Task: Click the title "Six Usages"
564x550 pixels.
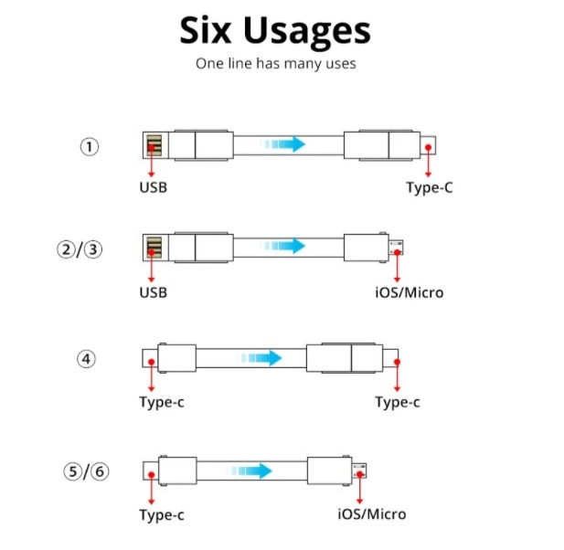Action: pos(275,32)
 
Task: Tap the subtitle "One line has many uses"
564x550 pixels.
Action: pos(276,63)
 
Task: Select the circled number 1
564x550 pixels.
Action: pos(90,147)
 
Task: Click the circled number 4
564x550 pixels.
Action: pos(86,359)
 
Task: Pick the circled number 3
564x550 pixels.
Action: pos(93,249)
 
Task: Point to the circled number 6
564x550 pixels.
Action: pos(100,471)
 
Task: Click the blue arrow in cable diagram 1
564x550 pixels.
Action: pos(282,144)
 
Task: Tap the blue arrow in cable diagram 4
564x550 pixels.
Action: pos(260,358)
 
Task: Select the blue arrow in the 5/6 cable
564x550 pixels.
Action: pos(250,471)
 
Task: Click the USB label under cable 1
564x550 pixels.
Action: pos(154,187)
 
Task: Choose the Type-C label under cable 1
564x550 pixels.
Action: pos(430,187)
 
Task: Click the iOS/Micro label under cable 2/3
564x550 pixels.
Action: pos(410,292)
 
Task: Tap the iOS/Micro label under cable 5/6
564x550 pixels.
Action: pos(372,514)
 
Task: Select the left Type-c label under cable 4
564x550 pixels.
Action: pos(162,402)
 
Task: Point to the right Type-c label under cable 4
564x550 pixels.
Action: pos(398,402)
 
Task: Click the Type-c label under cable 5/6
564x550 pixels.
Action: pos(162,515)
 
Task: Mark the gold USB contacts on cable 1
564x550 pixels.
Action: pos(154,145)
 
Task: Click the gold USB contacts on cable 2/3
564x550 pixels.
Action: pos(154,248)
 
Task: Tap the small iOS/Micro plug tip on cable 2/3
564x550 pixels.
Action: pos(396,248)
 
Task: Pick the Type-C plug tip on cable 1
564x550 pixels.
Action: pos(428,145)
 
